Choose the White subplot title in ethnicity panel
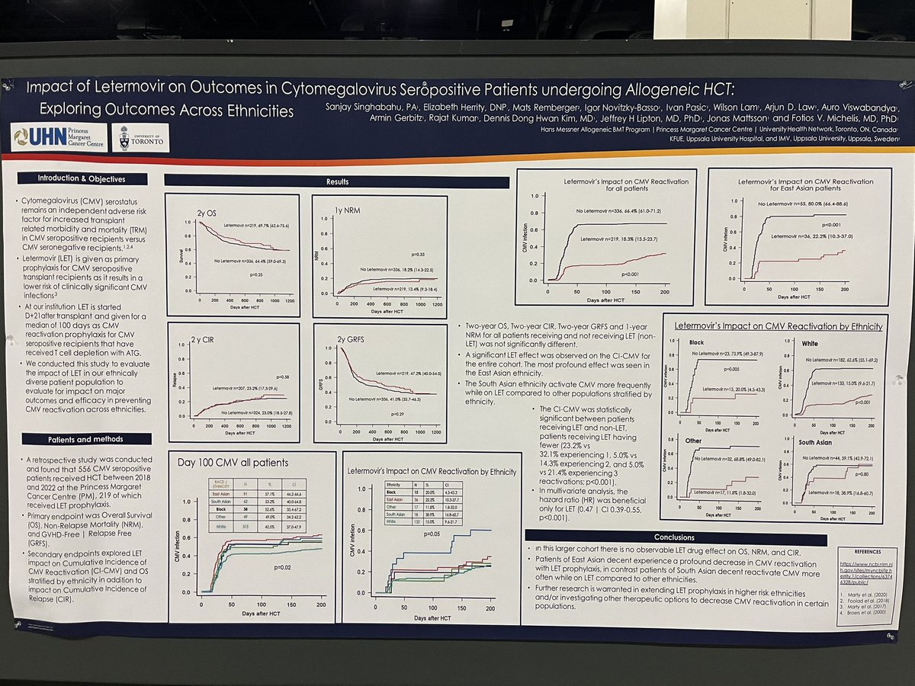coord(810,344)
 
